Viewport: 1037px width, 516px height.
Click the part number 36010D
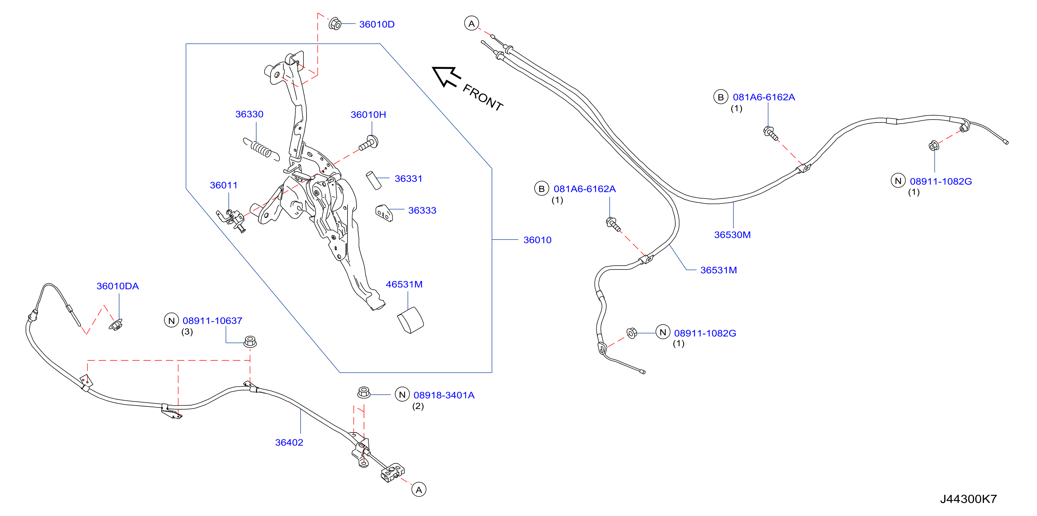376,24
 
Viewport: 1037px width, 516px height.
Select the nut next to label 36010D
335,24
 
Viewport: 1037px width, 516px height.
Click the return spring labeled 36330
261,149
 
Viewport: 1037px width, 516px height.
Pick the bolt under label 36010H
369,143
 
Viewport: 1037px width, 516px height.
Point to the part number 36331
408,179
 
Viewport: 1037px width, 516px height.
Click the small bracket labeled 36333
384,213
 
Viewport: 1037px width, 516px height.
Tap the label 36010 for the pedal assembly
537,240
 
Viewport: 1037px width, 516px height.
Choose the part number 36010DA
118,286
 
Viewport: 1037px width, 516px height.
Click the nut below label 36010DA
116,324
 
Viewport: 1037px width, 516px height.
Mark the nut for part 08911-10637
250,342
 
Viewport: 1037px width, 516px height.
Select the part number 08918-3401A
444,395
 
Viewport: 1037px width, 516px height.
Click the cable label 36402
289,442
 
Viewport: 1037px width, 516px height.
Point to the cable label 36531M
719,270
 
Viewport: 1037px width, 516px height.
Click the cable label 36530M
732,235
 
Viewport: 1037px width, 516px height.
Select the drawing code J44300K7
969,499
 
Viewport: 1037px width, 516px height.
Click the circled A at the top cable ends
471,23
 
